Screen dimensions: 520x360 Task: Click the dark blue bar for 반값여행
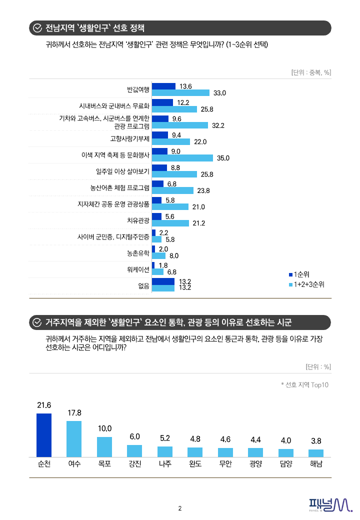(x=163, y=86)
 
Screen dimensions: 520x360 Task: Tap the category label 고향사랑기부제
(x=130, y=138)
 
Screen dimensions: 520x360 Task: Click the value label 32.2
(x=218, y=125)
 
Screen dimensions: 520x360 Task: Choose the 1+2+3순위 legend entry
(x=306, y=284)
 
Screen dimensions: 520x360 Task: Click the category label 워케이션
(x=138, y=269)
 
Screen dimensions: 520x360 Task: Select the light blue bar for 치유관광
(x=170, y=223)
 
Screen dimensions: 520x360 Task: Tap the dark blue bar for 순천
(x=44, y=435)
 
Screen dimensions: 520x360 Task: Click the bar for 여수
(x=74, y=439)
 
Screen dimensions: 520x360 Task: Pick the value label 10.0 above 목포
(x=104, y=428)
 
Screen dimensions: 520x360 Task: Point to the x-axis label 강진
(x=134, y=463)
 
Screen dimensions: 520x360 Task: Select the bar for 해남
(x=316, y=453)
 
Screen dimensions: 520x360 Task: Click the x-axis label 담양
(x=285, y=463)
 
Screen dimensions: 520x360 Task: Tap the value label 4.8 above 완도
(x=195, y=439)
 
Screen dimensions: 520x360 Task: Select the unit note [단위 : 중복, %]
(x=311, y=72)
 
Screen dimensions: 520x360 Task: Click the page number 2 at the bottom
(x=180, y=508)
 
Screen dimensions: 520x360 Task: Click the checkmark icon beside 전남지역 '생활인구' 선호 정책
(x=36, y=28)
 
